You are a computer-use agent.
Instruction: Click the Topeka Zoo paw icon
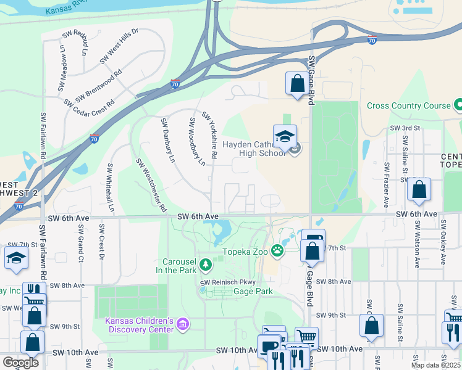click(279, 250)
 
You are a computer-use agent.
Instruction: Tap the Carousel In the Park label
click(179, 266)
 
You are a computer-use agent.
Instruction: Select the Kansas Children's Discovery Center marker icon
click(182, 324)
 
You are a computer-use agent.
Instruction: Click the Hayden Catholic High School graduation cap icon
click(285, 137)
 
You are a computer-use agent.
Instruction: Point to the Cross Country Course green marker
click(458, 105)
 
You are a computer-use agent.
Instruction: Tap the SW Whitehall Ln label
click(111, 188)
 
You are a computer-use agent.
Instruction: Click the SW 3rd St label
click(405, 128)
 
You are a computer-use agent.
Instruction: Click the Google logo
click(20, 363)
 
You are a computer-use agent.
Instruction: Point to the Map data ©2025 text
click(435, 365)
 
